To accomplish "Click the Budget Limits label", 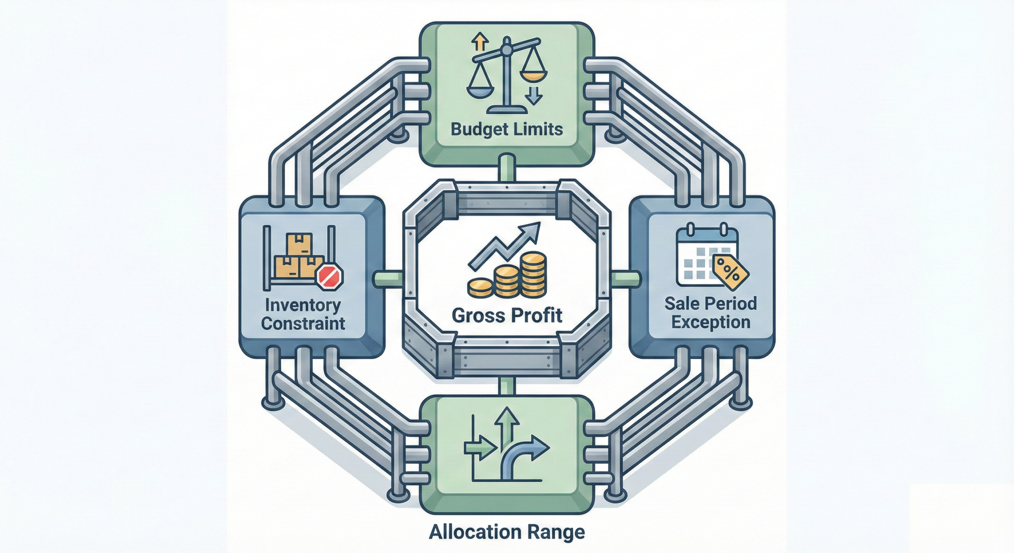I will [x=507, y=130].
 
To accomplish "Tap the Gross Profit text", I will [x=507, y=315].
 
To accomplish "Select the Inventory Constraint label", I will [x=303, y=315].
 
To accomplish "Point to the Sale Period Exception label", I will [x=711, y=313].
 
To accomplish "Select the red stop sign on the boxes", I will [x=330, y=276].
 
